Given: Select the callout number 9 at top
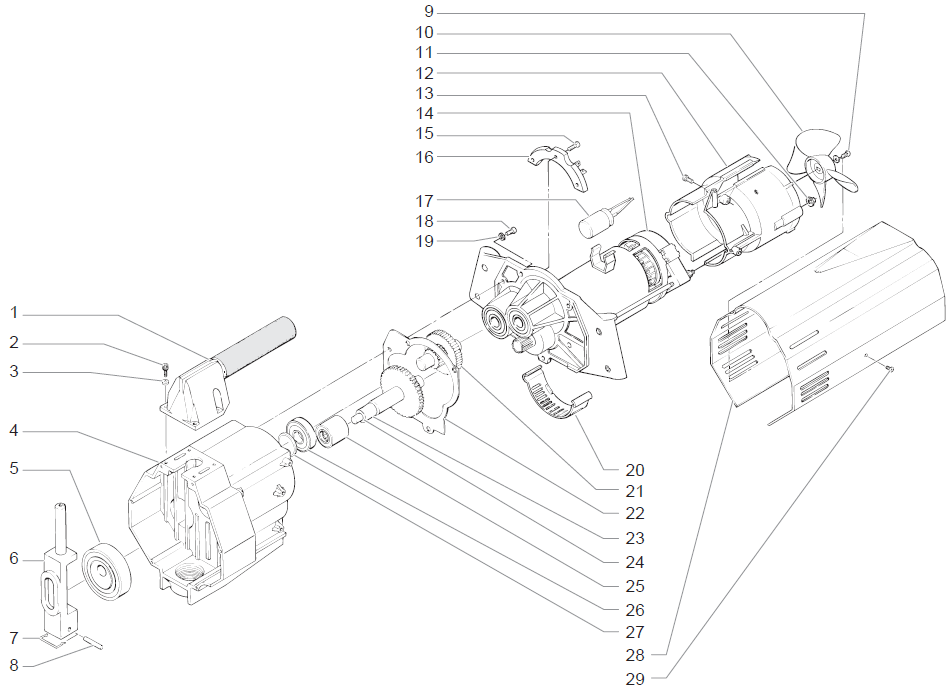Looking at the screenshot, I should pyautogui.click(x=429, y=12).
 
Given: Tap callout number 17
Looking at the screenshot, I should pyautogui.click(x=425, y=200).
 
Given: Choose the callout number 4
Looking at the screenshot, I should pyautogui.click(x=14, y=431).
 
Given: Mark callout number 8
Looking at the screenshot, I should pyautogui.click(x=14, y=664).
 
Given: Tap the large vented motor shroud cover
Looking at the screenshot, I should pyautogui.click(x=830, y=320).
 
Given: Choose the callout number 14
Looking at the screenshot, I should pyautogui.click(x=425, y=113).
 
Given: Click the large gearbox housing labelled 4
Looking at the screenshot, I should pyautogui.click(x=210, y=510).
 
